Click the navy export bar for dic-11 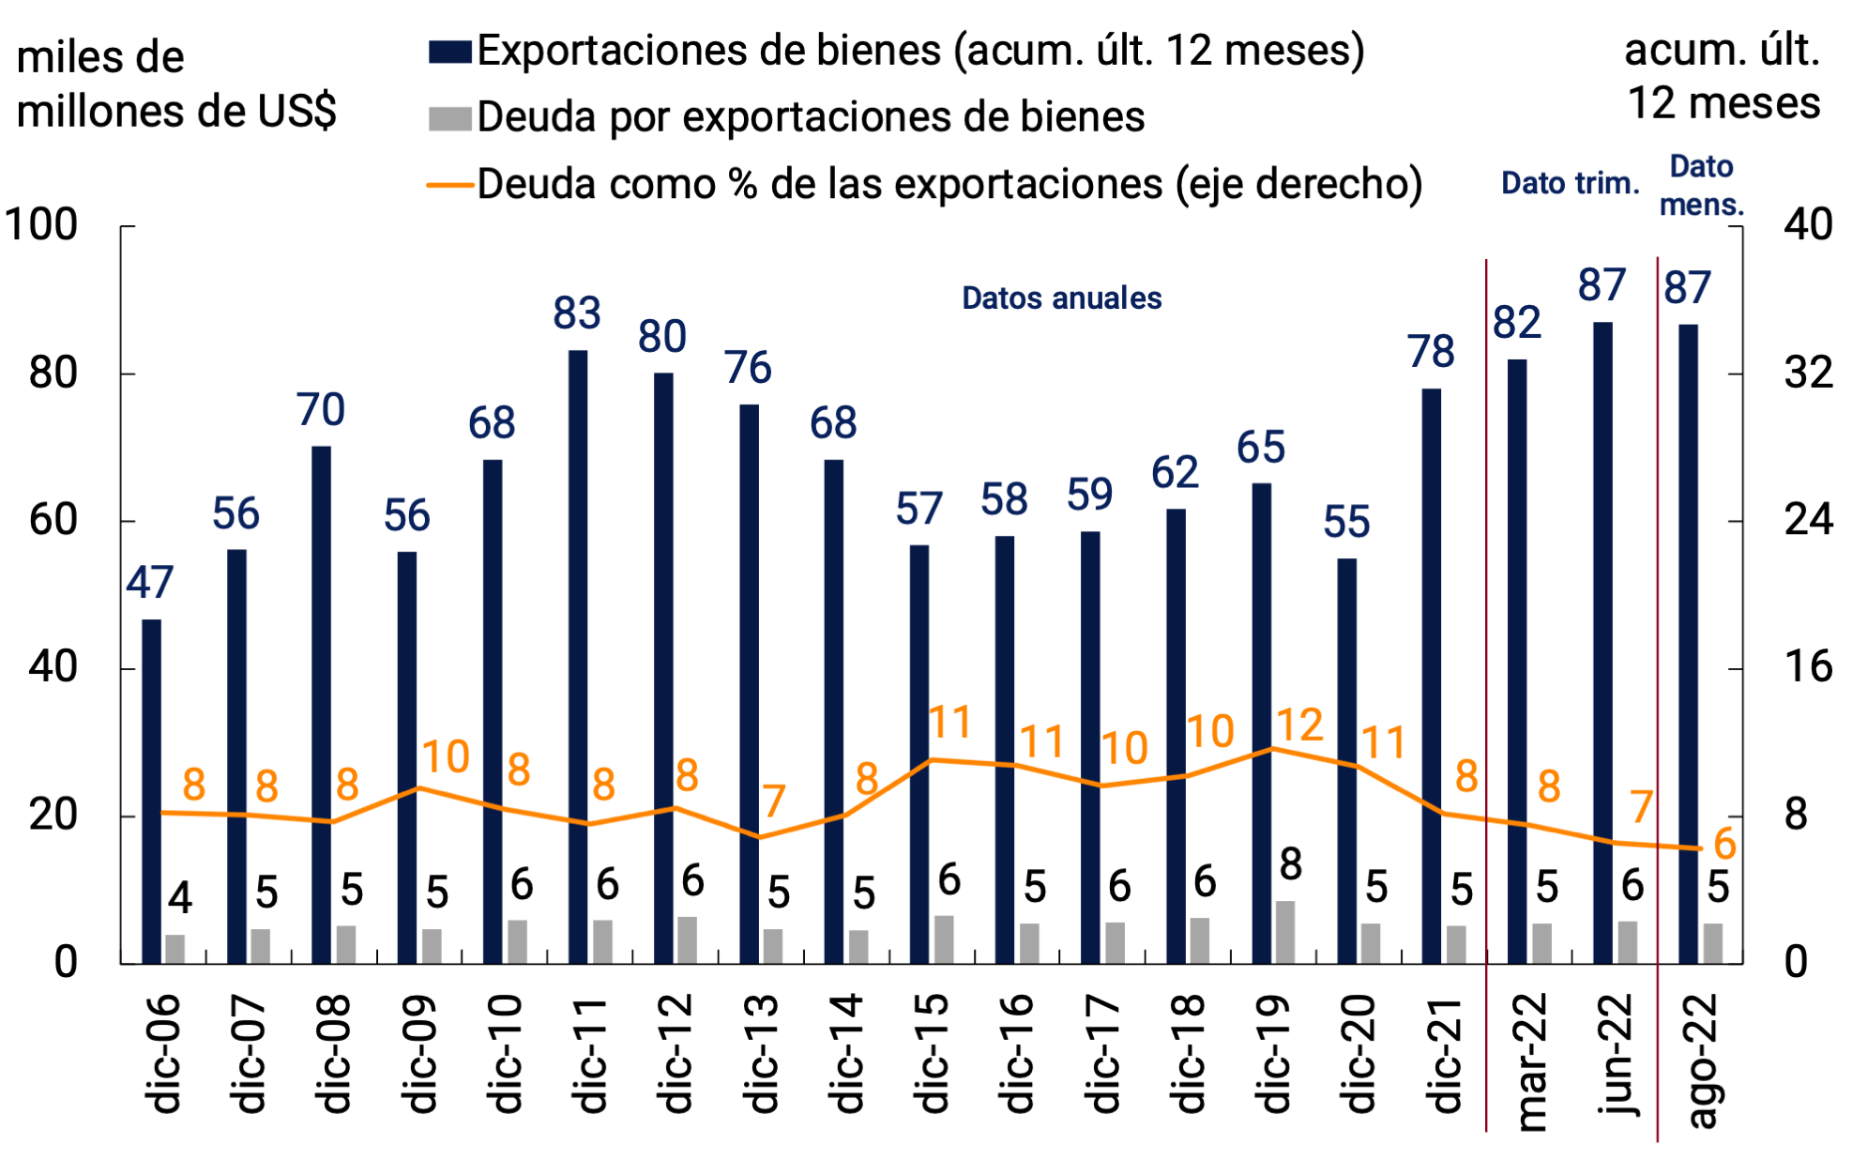pos(578,656)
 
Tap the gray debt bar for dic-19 pos(1285,931)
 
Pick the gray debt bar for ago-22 pos(1713,942)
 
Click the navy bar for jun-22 pos(1602,642)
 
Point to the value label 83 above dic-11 pos(576,313)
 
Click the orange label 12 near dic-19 pos(1299,725)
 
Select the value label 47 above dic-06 pos(150,583)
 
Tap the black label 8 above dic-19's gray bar pos(1291,864)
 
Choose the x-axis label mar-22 pos(1531,1061)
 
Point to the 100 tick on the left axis pos(41,225)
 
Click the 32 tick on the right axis pos(1807,374)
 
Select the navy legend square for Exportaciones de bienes pos(449,52)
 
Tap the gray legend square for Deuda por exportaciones pos(449,118)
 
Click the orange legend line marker pos(449,185)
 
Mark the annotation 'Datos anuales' pos(1061,298)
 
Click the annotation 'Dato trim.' pos(1570,183)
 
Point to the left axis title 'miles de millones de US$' pos(175,84)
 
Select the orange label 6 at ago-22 pos(1724,845)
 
